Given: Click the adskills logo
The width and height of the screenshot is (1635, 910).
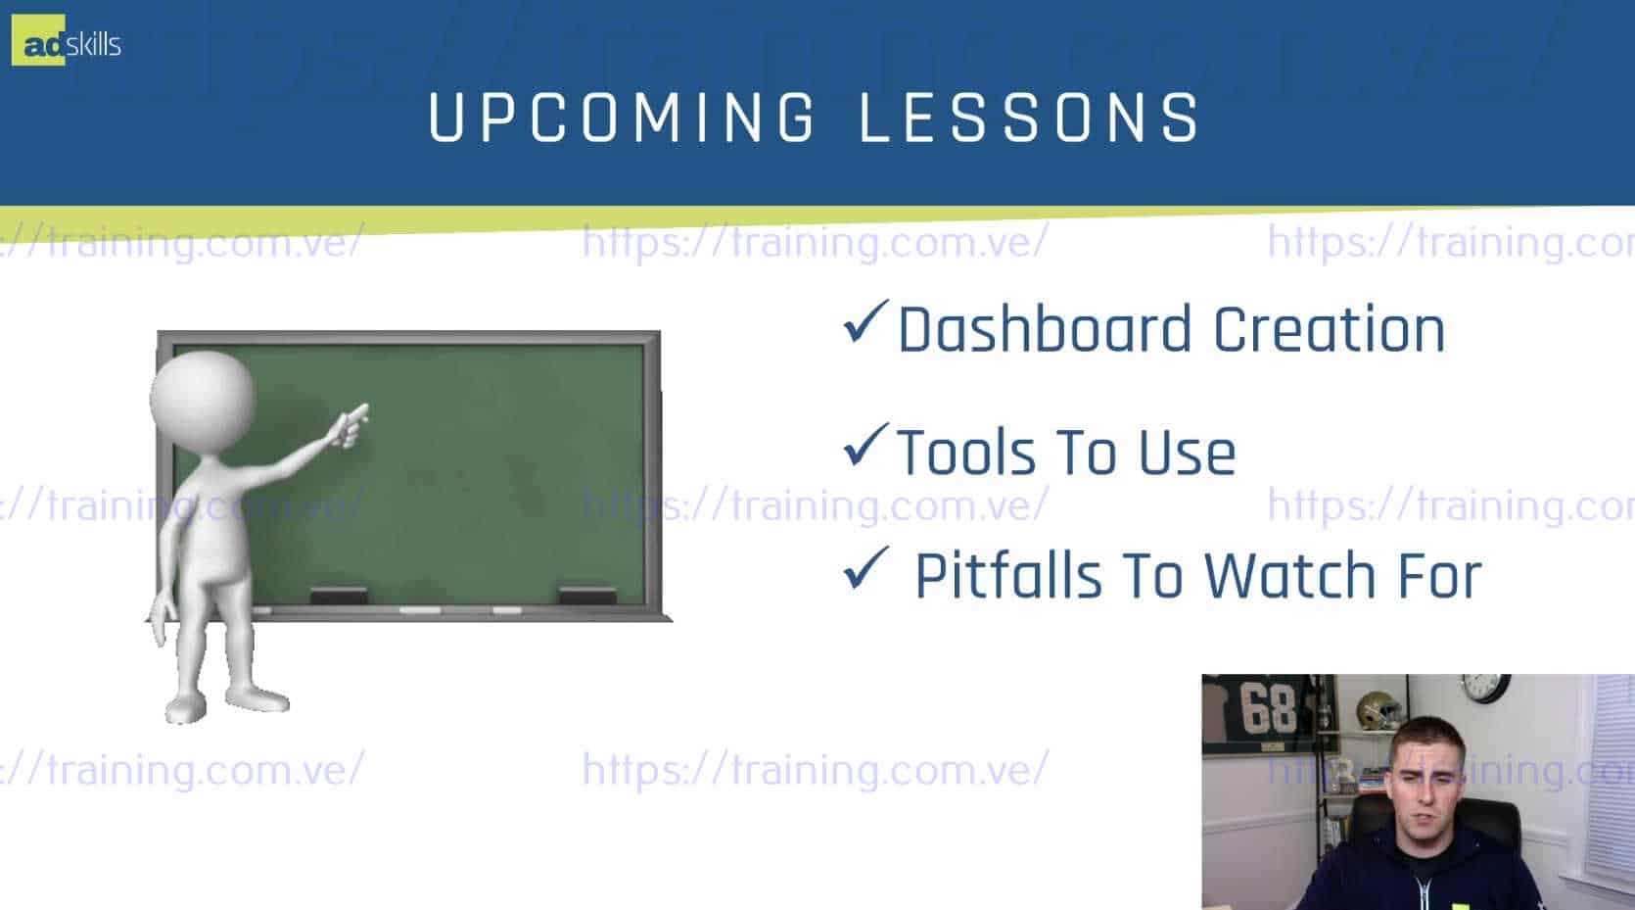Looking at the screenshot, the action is click(67, 41).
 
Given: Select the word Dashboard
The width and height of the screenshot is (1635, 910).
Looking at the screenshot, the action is click(1045, 329).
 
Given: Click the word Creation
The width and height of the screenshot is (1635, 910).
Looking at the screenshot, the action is click(1329, 329).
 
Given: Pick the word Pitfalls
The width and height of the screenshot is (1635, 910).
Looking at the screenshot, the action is click(1008, 576).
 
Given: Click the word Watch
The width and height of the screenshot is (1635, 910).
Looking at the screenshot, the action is click(1289, 576).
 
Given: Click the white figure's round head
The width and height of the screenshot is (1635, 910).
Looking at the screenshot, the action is click(203, 398).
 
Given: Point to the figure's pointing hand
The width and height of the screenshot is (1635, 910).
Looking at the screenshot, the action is click(351, 425).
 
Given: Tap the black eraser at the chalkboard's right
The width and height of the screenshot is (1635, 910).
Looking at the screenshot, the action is click(587, 596).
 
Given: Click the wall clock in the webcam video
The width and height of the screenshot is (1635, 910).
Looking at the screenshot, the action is click(1486, 688).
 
